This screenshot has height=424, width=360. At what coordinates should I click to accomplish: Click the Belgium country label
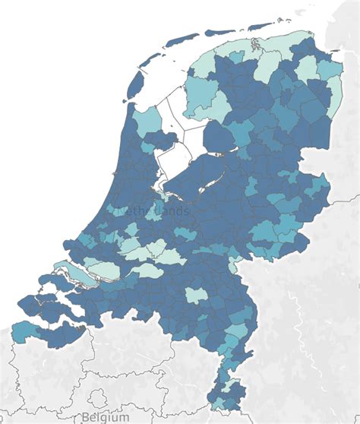[106, 417]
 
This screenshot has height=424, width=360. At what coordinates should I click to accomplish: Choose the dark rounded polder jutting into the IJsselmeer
[220, 137]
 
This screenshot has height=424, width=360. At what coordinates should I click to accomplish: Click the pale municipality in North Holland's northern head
[148, 119]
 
